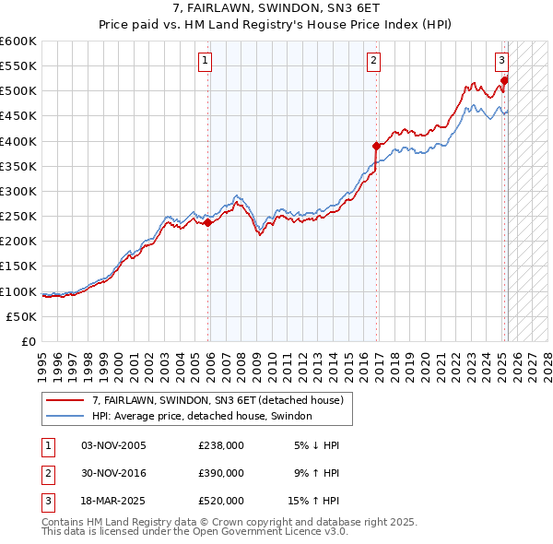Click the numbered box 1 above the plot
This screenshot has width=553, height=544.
click(x=204, y=62)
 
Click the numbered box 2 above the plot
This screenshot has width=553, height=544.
click(x=373, y=62)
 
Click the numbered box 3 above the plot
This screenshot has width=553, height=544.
click(x=501, y=62)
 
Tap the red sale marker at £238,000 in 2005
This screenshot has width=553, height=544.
click(x=208, y=222)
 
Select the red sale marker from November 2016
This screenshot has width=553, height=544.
click(x=377, y=146)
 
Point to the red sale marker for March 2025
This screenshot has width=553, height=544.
click(x=504, y=80)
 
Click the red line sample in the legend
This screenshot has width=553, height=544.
click(x=65, y=400)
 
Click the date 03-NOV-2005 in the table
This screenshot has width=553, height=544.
click(x=113, y=445)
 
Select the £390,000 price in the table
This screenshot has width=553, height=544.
click(x=221, y=473)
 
